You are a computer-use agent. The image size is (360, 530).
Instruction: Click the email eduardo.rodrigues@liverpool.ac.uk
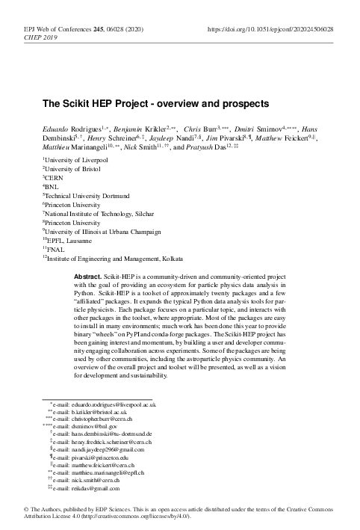[x=111, y=404]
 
